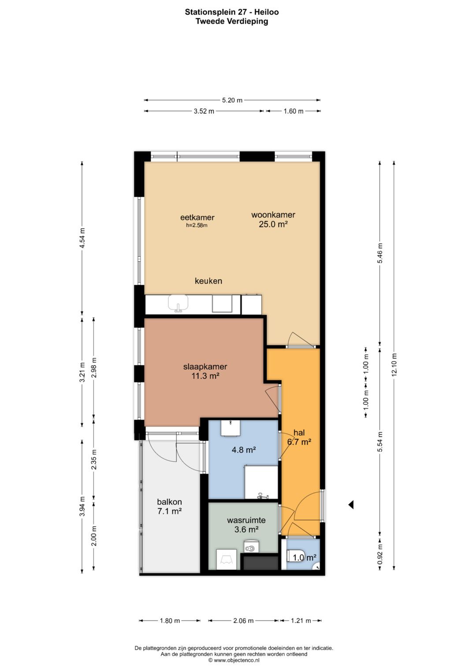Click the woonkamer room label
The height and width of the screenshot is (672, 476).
[x=273, y=215]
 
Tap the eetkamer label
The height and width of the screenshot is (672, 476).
[x=197, y=217]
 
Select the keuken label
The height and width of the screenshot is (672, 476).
[x=208, y=281]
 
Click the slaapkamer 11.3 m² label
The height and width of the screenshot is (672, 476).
[x=205, y=371]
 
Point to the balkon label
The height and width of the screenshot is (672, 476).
[x=170, y=502]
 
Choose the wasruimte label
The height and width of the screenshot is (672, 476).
[x=246, y=520]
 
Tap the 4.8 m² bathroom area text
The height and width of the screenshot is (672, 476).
[x=244, y=450]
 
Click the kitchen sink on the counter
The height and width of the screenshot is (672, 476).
[x=178, y=303]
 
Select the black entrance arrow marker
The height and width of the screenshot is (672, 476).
[x=351, y=505]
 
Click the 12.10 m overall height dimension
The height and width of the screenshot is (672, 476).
[x=394, y=365]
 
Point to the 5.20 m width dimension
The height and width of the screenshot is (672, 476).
[x=232, y=100]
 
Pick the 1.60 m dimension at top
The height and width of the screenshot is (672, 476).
[x=294, y=111]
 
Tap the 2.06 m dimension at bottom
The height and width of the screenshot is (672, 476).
[x=243, y=621]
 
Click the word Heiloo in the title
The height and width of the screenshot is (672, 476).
[x=267, y=12]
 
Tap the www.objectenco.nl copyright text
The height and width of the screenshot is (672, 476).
[x=234, y=660]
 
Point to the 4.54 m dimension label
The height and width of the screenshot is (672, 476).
[x=82, y=238]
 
